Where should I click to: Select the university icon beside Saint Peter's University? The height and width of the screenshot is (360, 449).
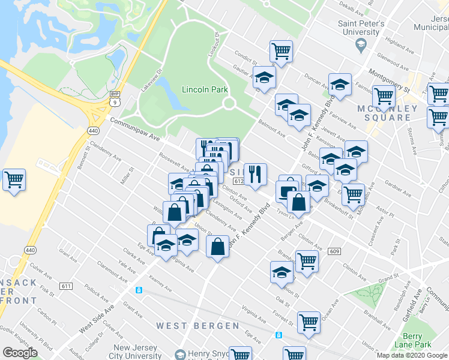tap(361, 44)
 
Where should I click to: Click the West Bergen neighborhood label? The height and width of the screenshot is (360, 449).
tap(198, 325)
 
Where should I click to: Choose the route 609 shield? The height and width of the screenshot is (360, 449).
tap(334, 252)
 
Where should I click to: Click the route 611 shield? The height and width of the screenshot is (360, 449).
tap(66, 286)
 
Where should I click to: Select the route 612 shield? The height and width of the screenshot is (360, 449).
tap(237, 181)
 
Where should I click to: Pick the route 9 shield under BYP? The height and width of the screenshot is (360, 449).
tap(114, 102)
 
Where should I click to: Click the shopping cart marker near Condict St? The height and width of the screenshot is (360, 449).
tap(281, 51)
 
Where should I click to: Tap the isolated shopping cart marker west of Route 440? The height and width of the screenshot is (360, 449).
tap(14, 179)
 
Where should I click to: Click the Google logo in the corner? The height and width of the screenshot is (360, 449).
tap(20, 353)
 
